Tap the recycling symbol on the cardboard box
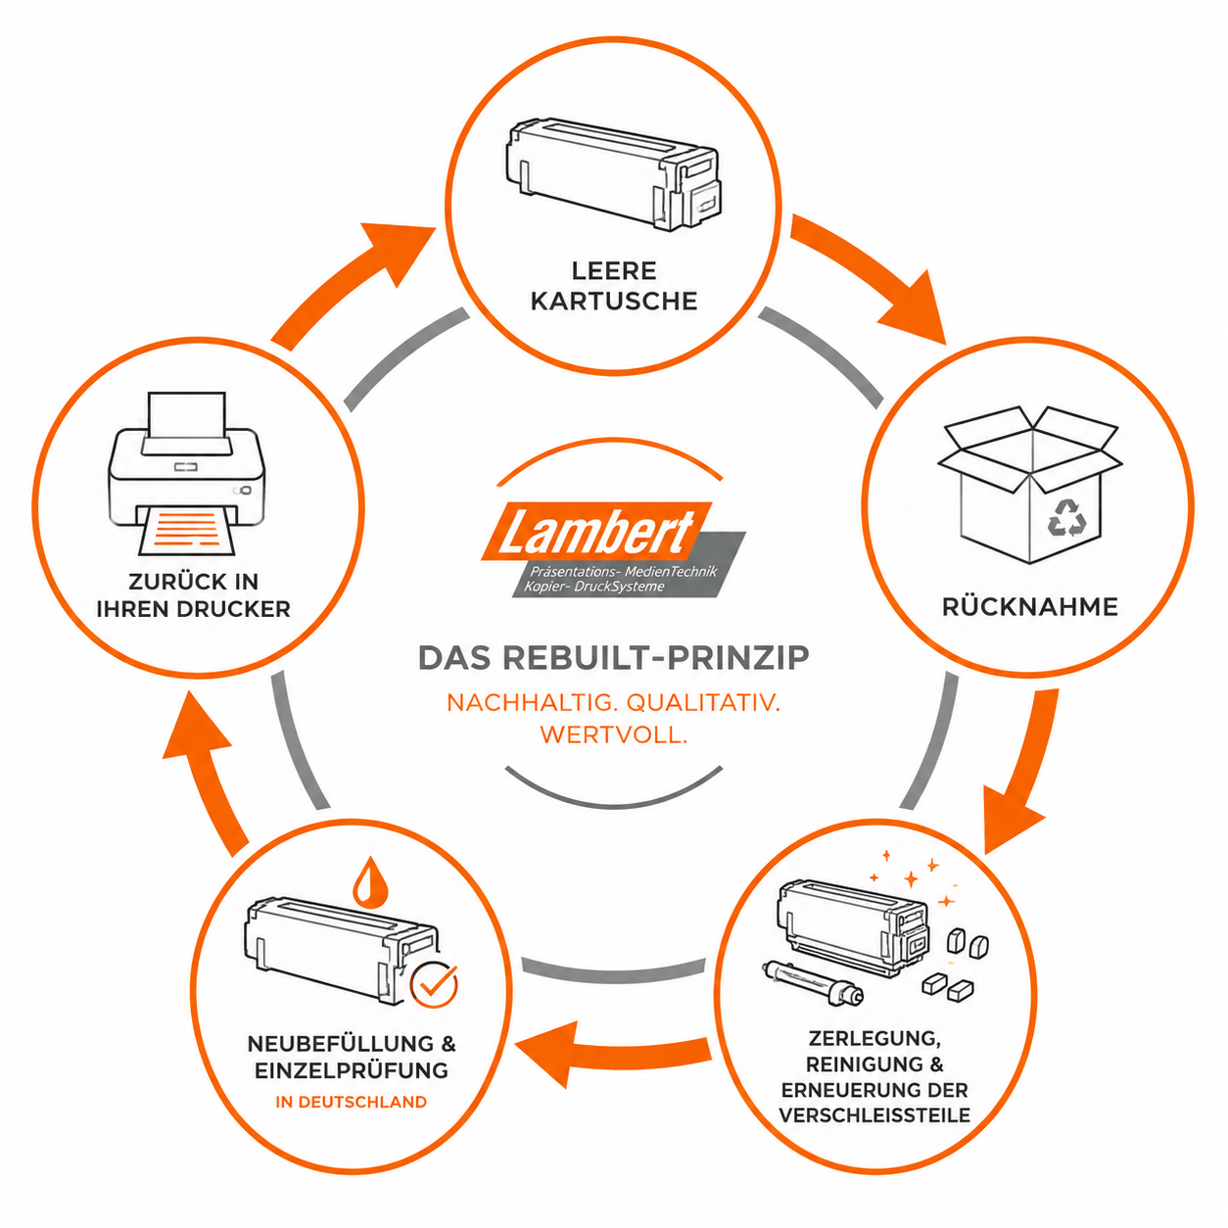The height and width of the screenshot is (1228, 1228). tap(1066, 517)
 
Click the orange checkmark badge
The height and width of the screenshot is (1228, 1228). tap(434, 984)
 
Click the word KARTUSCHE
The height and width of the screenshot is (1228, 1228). tap(614, 301)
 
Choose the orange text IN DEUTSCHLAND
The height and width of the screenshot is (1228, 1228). tap(352, 1102)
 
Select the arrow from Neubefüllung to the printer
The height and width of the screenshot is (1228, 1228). tap(207, 775)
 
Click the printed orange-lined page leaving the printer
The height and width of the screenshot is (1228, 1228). tap(187, 530)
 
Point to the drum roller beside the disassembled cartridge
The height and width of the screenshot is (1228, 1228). tap(812, 983)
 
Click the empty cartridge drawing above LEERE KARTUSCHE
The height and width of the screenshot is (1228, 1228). tap(613, 174)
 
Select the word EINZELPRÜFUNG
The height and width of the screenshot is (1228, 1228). tap(352, 1070)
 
